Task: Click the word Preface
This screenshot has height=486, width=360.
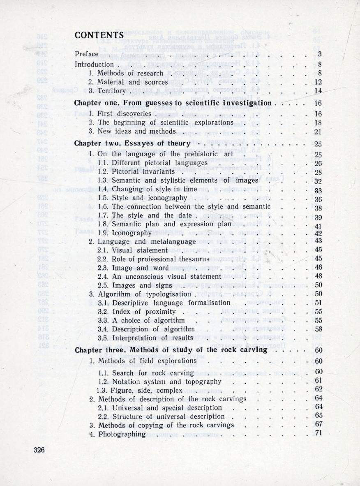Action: (86, 54)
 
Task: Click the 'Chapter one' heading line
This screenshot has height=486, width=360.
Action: (173, 103)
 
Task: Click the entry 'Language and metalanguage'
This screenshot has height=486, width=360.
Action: (142, 241)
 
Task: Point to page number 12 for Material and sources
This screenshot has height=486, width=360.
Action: (317, 82)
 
